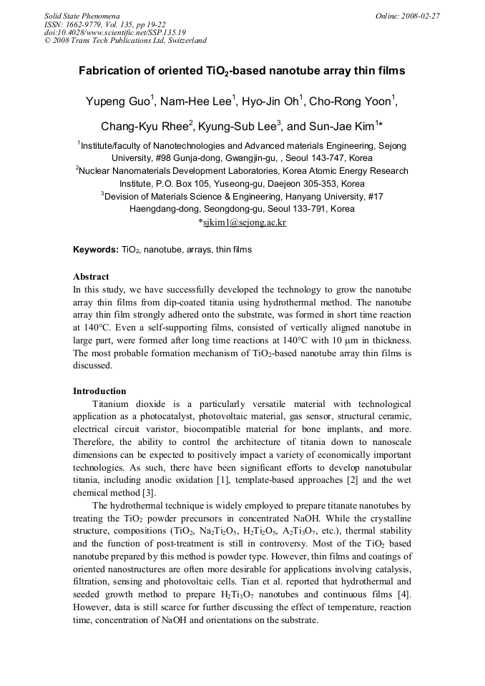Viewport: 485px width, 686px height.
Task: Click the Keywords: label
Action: tap(96, 250)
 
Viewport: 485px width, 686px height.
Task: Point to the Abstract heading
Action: tap(91, 276)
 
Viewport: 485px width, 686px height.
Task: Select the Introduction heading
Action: tap(99, 391)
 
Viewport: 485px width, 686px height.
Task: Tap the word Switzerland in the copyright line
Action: tap(186, 41)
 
